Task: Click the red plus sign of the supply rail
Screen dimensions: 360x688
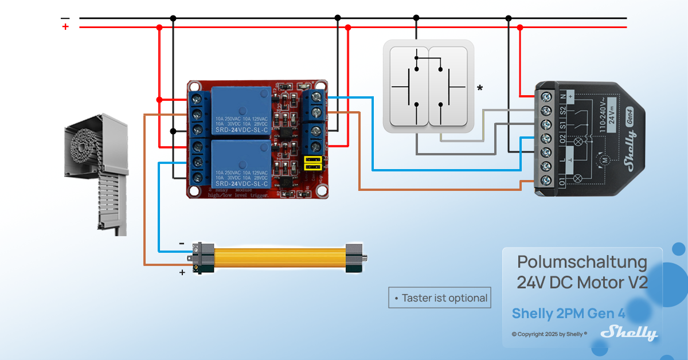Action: (x=65, y=26)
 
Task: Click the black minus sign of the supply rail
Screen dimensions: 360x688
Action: (x=65, y=18)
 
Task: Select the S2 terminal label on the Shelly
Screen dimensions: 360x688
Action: (x=562, y=109)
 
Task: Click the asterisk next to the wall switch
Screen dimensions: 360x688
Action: (x=480, y=88)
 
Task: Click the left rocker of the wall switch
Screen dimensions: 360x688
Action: (x=408, y=87)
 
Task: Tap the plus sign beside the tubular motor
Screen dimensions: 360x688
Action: (x=182, y=272)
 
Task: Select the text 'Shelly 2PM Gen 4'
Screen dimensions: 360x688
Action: (x=568, y=314)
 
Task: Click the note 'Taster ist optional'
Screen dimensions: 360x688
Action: (x=440, y=298)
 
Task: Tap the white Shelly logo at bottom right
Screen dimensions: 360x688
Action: (x=628, y=332)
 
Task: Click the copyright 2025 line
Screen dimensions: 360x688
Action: (x=549, y=334)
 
